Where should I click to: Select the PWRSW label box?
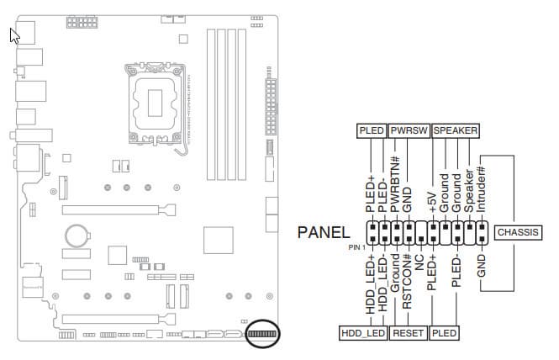409,131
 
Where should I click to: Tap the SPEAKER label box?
455,131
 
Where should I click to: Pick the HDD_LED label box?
363,333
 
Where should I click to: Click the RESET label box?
409,333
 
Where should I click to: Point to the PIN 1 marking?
356,247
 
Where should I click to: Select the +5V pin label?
432,203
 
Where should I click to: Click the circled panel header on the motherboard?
263,334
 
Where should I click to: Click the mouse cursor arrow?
14,35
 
